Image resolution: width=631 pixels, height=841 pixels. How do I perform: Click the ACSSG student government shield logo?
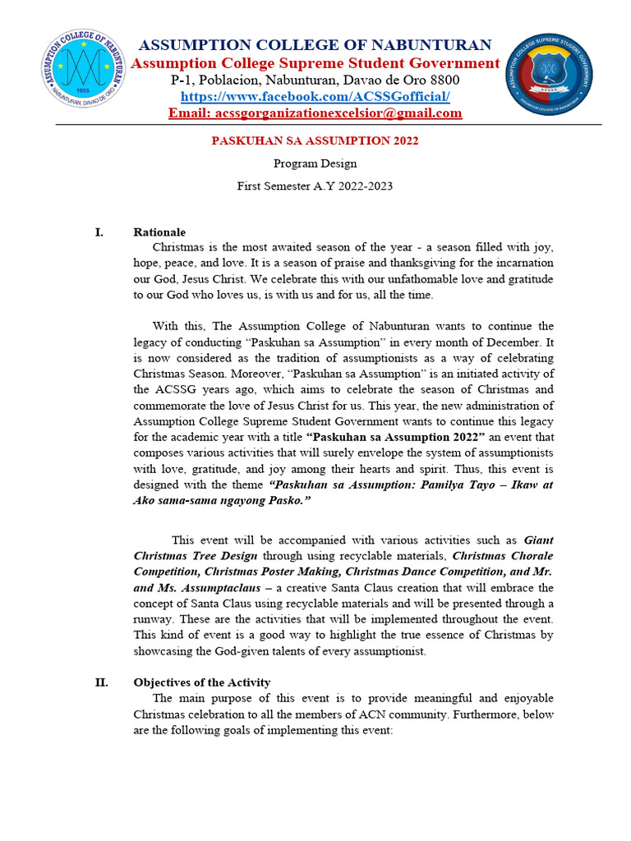pos(549,75)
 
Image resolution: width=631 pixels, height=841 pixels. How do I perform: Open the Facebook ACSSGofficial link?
pos(315,96)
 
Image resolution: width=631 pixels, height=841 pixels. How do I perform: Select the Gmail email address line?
pos(315,113)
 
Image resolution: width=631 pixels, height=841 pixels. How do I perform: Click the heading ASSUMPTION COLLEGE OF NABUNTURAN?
pos(315,44)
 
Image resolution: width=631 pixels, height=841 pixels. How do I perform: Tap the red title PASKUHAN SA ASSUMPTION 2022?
pos(315,140)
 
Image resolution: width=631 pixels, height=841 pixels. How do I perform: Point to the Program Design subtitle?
pos(315,163)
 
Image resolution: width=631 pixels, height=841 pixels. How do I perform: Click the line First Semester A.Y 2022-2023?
pos(315,186)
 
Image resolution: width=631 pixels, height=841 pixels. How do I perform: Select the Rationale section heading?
pos(159,232)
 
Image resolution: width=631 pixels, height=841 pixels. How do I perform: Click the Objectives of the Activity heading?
pos(201,682)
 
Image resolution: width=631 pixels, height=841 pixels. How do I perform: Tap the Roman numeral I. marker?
pos(99,232)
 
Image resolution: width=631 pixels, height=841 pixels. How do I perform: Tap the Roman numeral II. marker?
pos(102,682)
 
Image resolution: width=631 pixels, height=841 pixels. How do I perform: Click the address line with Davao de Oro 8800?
pos(315,80)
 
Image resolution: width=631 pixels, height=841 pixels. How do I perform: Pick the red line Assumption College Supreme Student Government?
pos(315,63)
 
